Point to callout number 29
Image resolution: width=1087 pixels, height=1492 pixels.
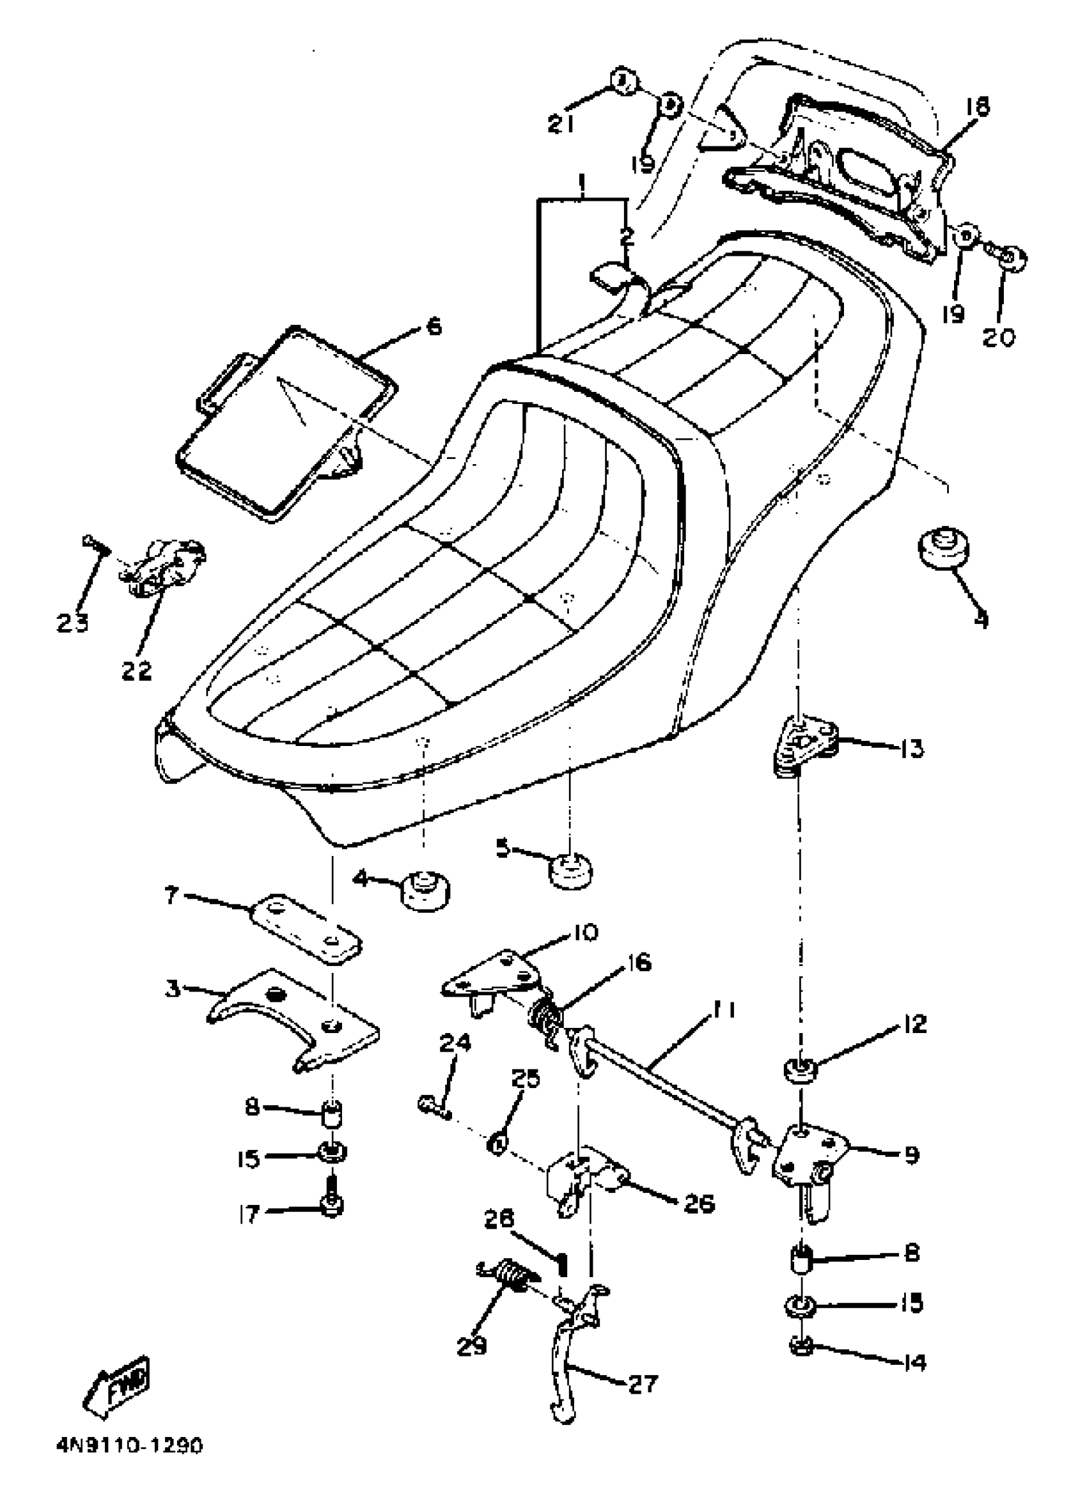point(472,1344)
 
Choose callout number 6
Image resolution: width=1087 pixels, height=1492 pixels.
point(434,327)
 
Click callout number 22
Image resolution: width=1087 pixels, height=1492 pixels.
point(137,671)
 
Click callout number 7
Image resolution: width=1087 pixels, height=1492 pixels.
point(173,896)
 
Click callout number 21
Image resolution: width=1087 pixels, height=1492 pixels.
point(561,123)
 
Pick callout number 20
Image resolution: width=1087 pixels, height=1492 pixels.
point(999,336)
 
